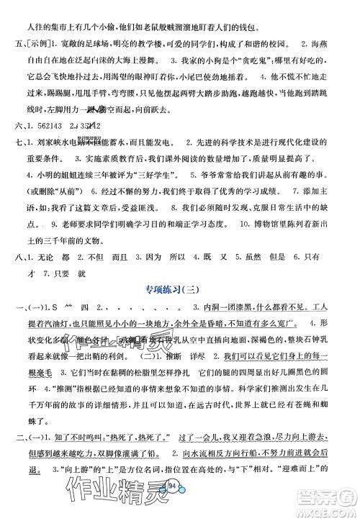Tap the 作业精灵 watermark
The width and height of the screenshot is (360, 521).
(x=108, y=497)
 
